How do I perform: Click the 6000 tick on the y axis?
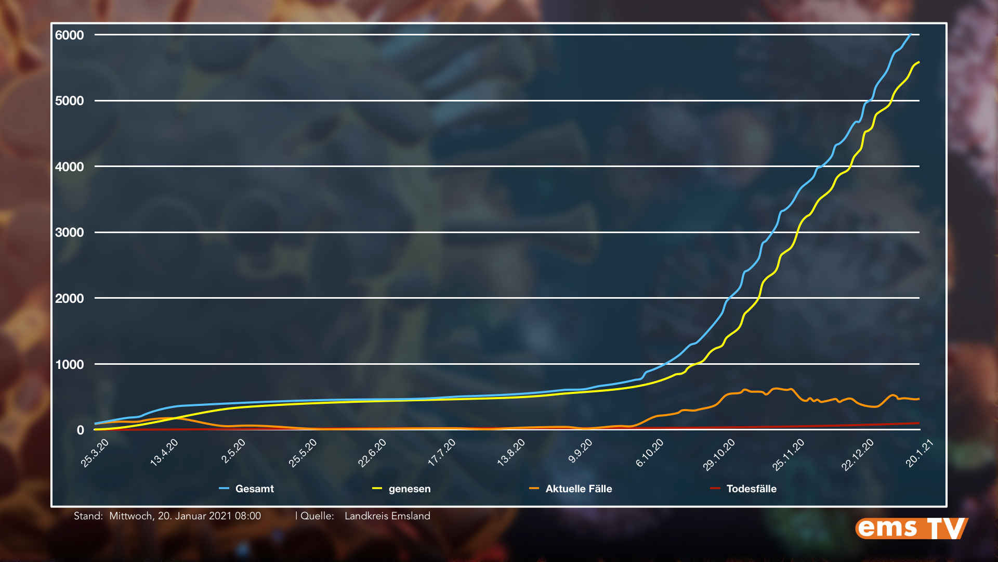coord(69,35)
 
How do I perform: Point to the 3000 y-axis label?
coord(69,233)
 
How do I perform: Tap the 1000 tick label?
coord(69,364)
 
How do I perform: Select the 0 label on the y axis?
coord(80,430)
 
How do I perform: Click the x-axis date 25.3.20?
coord(95,453)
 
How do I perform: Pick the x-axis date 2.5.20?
coord(233,451)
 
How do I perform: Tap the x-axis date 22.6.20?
coord(372,453)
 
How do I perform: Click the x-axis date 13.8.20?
coord(511,452)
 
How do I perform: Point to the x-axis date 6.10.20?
coord(650,453)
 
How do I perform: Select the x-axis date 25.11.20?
coord(789,454)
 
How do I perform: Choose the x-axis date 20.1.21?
coord(920,454)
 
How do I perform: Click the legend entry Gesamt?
coord(254,489)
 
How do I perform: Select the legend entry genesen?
coord(410,489)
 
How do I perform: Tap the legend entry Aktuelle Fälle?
coord(579,489)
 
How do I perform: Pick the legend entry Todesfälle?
coord(751,489)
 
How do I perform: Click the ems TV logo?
coord(911,528)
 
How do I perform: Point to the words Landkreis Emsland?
coord(387,516)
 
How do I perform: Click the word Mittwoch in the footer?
coord(130,516)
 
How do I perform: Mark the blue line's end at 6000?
coord(910,35)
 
